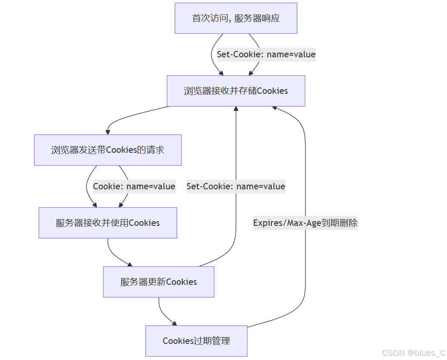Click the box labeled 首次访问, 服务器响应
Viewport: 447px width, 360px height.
(x=236, y=18)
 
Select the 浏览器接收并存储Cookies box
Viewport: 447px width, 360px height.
(x=236, y=91)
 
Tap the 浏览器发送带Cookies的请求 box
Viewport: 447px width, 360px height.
(x=108, y=150)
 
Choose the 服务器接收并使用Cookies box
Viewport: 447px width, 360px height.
(x=108, y=223)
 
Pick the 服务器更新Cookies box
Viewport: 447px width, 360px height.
(x=158, y=282)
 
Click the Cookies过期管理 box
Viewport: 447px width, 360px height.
(x=196, y=341)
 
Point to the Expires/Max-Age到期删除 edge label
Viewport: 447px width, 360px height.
(x=305, y=223)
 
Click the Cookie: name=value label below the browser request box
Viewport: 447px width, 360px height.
(x=134, y=186)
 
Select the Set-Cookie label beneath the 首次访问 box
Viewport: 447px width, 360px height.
(x=266, y=54)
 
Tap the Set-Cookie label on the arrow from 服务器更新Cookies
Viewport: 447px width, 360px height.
(x=236, y=186)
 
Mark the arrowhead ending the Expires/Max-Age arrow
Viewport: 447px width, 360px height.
(x=274, y=108)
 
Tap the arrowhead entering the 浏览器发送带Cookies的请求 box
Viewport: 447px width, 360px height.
(x=108, y=132)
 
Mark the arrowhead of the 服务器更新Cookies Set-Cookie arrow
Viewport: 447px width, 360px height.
(x=236, y=109)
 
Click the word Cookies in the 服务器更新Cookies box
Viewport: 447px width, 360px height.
(x=181, y=282)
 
